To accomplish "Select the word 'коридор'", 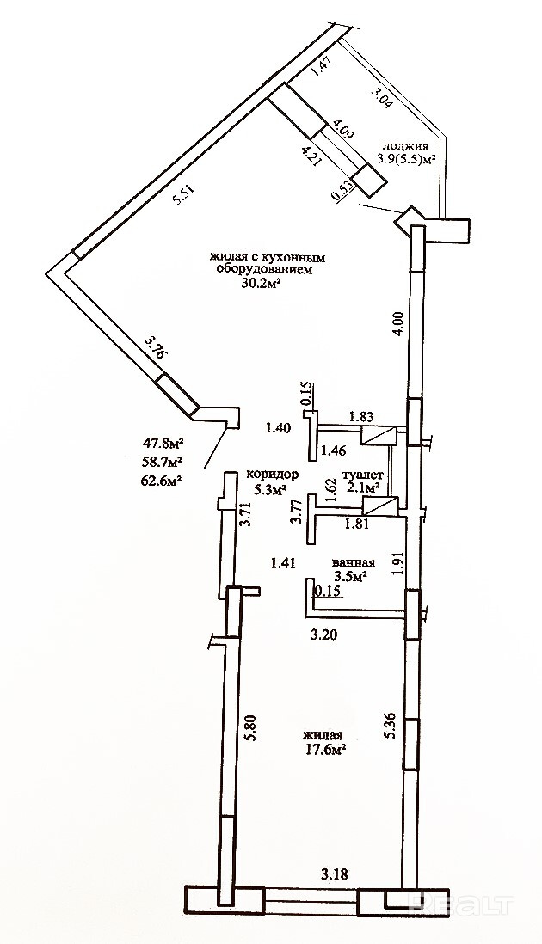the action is [272, 475].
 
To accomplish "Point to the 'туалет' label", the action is [361, 475].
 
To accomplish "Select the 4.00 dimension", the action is [398, 323].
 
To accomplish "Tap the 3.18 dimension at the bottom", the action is [336, 875].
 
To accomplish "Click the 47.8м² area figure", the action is [164, 444].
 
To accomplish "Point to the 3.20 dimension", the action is [323, 637].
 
